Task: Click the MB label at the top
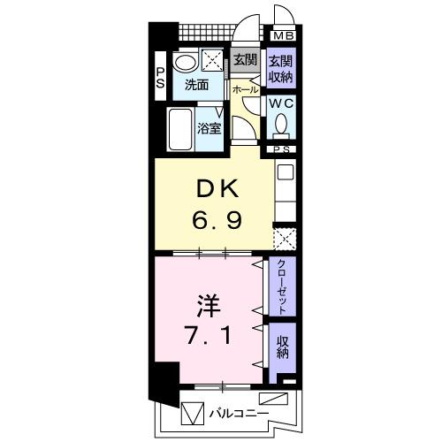tap(283, 36)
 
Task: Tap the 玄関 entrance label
tap(245, 61)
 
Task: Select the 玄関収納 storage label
tap(281, 67)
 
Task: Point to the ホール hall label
tap(245, 90)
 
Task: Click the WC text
tap(281, 103)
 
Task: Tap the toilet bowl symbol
tap(282, 128)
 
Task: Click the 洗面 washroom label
tap(195, 86)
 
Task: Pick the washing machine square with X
tap(213, 61)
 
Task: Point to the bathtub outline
tap(180, 131)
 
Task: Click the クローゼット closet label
tap(281, 288)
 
